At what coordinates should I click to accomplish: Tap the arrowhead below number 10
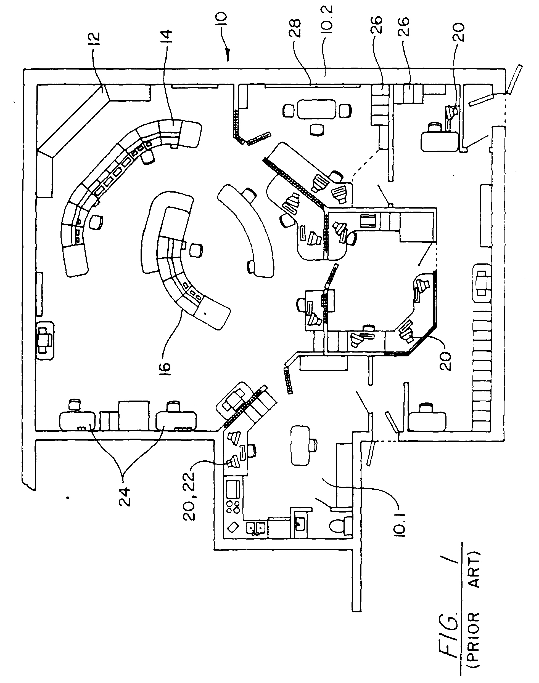(228, 57)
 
